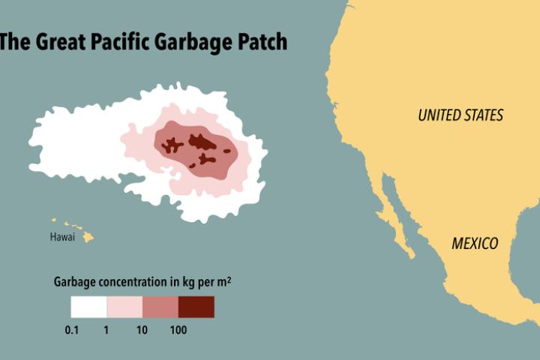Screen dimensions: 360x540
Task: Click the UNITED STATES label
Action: pyautogui.click(x=460, y=115)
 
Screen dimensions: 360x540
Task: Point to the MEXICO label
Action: pyautogui.click(x=475, y=244)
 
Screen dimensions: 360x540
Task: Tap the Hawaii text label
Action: pyautogui.click(x=62, y=238)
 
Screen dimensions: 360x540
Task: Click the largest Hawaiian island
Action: pyautogui.click(x=88, y=236)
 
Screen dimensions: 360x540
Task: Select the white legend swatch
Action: pyautogui.click(x=88, y=307)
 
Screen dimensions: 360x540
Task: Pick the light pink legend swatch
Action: pyautogui.click(x=124, y=307)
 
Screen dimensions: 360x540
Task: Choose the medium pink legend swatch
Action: pyautogui.click(x=160, y=307)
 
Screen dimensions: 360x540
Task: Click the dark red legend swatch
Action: pyautogui.click(x=196, y=307)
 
